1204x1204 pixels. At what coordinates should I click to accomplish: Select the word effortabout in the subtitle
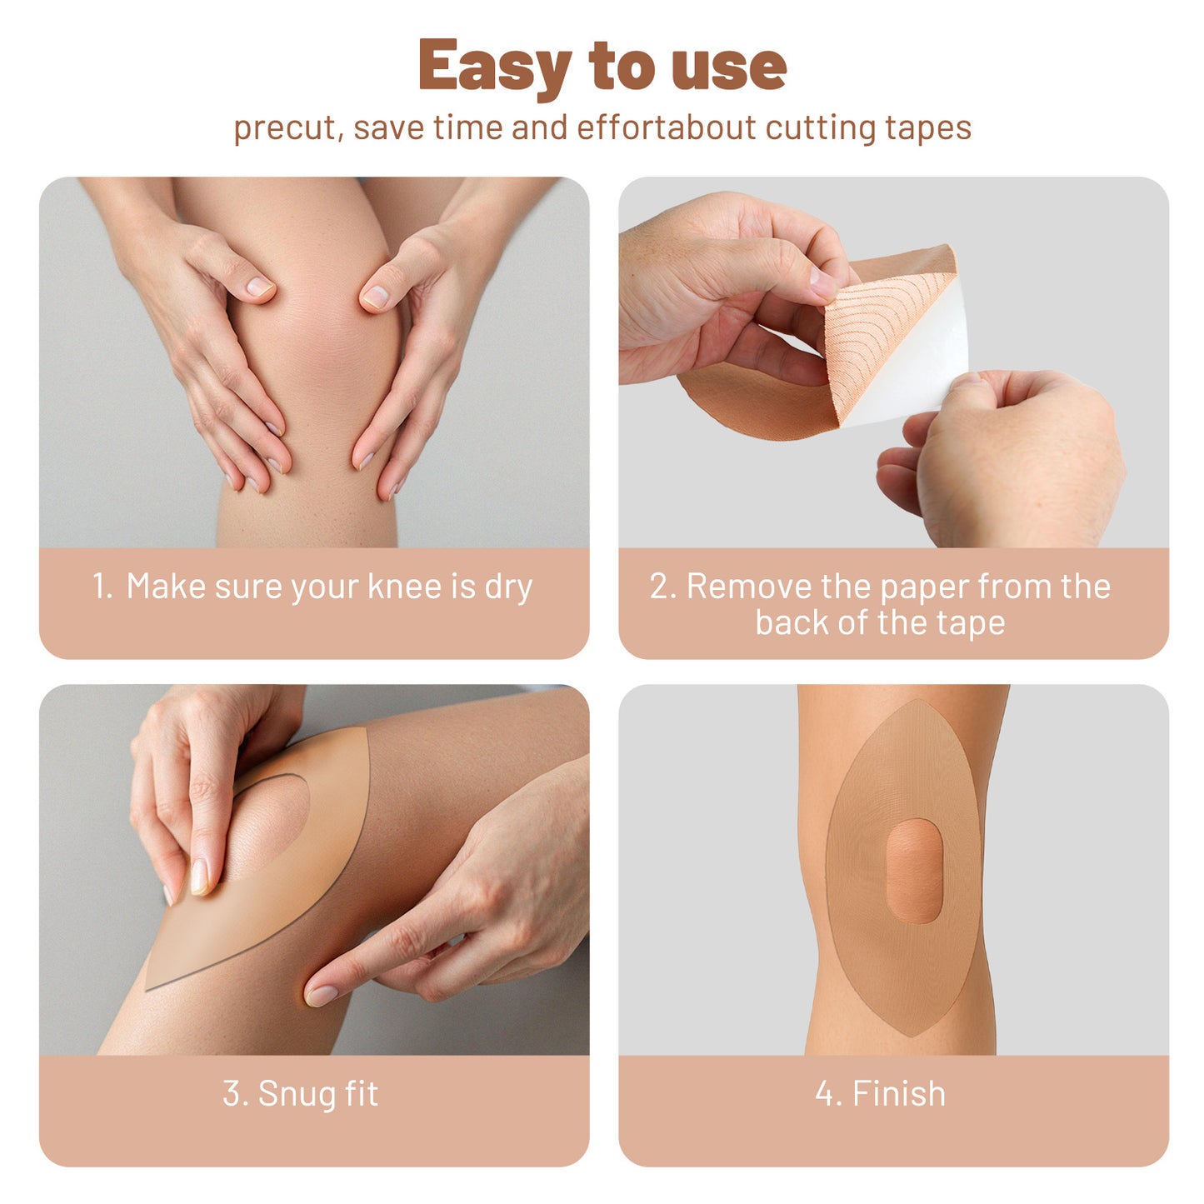(666, 128)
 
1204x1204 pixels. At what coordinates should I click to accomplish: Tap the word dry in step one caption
(508, 587)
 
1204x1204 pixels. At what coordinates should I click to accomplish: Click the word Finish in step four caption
(899, 1094)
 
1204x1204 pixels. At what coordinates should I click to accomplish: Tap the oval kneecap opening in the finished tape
(913, 871)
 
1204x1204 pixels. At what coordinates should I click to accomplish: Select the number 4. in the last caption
(827, 1094)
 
